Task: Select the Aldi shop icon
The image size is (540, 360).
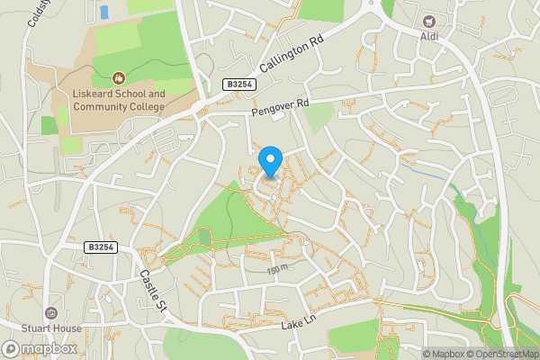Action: pos(429,20)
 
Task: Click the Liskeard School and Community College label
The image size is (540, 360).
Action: pos(113,100)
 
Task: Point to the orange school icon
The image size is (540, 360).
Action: pos(119,79)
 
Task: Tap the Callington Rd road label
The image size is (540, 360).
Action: pos(291,57)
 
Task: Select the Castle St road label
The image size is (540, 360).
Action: pos(152,292)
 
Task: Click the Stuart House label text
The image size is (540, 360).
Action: pos(51,328)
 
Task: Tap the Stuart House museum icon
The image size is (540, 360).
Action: pos(50,314)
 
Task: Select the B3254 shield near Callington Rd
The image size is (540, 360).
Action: pos(238,85)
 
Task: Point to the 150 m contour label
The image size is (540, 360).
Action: pos(277,269)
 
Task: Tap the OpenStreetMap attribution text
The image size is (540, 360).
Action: pos(500,353)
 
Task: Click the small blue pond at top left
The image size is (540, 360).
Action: pos(103,12)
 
